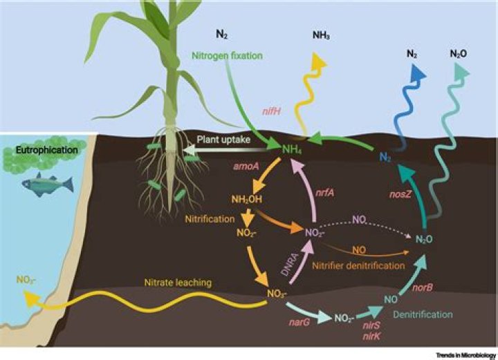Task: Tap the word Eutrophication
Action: point(47,150)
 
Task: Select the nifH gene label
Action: point(271,112)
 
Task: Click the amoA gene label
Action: point(246,166)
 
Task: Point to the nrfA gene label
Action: point(325,192)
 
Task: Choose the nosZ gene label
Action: point(400,194)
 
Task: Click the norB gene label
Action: point(423,287)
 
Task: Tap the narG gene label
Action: point(299,323)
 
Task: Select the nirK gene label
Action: point(371,336)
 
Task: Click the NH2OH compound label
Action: point(247,200)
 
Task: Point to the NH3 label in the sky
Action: point(321,35)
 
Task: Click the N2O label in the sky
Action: point(459,54)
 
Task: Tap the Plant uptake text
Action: point(223,140)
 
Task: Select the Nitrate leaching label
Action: point(178,283)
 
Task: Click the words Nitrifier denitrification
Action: point(358,265)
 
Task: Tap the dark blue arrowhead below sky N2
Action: point(418,72)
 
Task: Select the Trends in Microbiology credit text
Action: point(465,355)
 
